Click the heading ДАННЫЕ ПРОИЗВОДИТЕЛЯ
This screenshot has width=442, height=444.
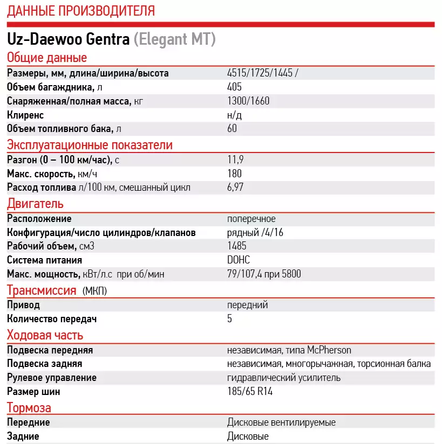tap(81, 10)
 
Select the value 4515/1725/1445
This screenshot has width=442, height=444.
tap(260, 73)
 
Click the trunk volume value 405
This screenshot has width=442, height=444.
tap(235, 87)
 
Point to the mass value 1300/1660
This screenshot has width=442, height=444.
tap(248, 101)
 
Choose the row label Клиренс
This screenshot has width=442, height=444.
tap(25, 115)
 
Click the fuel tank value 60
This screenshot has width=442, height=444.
tap(232, 129)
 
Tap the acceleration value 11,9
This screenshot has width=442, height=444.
tap(235, 160)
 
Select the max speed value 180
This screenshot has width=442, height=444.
tap(235, 174)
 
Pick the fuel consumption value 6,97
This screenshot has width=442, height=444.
tap(237, 188)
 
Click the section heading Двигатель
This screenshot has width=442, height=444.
tap(35, 204)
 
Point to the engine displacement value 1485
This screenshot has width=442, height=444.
tap(237, 246)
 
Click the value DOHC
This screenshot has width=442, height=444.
tap(239, 260)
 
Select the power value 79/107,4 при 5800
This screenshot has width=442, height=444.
tap(264, 274)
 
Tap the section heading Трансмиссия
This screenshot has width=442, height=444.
tap(42, 291)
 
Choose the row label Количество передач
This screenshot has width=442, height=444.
tap(52, 319)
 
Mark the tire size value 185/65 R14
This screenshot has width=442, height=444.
tap(250, 392)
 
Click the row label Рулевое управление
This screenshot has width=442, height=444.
tap(52, 378)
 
